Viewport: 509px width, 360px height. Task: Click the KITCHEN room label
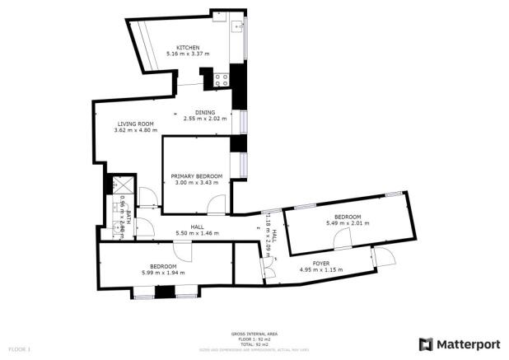(x=187, y=47)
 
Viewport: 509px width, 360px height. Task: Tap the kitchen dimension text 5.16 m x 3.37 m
(x=187, y=54)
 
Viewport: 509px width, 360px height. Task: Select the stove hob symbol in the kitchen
(x=220, y=80)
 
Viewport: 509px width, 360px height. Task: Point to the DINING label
(x=205, y=112)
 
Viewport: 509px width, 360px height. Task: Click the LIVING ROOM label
(x=135, y=124)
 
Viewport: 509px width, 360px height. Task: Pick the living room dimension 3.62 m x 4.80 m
(x=135, y=131)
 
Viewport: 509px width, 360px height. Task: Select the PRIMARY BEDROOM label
(x=197, y=176)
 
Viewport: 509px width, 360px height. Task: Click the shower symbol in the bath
(x=117, y=185)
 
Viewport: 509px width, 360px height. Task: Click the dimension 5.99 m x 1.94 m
(x=163, y=273)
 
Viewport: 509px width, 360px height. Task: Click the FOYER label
(x=367, y=262)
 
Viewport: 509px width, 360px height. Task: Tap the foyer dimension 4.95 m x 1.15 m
(x=367, y=269)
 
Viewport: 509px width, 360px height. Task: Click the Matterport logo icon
(x=426, y=343)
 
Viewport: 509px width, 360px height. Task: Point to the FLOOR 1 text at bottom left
(x=17, y=349)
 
